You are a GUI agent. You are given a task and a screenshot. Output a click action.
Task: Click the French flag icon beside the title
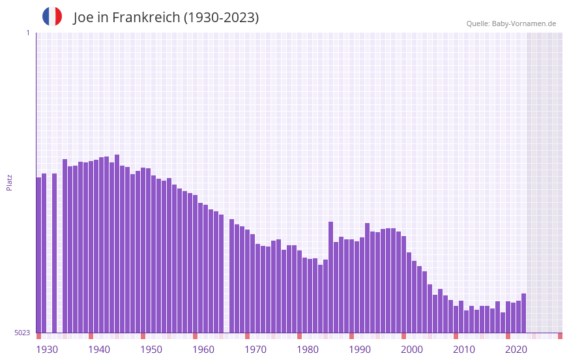tap(52, 16)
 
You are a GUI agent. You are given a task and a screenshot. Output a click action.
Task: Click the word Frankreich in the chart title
tap(145, 18)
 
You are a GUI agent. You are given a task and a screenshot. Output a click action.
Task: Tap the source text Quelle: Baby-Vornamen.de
tap(511, 23)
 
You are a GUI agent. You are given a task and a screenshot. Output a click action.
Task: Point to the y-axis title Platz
tap(9, 182)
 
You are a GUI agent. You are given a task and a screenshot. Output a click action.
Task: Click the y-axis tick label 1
tap(27, 33)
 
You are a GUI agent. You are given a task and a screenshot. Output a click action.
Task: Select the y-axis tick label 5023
tap(22, 333)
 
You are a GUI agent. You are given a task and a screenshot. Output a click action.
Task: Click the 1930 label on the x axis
tap(47, 350)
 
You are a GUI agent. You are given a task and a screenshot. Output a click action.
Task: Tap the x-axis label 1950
tap(151, 350)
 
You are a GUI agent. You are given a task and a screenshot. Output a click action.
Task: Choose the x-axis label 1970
tap(255, 350)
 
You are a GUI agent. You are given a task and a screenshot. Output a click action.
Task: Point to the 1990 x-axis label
tap(360, 350)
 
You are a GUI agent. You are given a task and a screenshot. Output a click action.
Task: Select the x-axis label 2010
tap(464, 350)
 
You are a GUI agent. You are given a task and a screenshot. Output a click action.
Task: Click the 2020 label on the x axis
tap(516, 350)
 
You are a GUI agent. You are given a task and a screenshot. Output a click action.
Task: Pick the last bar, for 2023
tap(523, 313)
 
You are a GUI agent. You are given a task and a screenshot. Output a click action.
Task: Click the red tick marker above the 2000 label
tap(403, 336)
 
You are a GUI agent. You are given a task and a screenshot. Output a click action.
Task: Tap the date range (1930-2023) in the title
tap(221, 18)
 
